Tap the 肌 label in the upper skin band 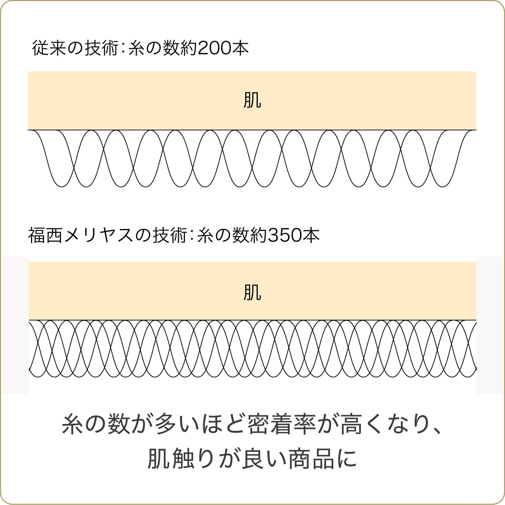pyautogui.click(x=252, y=100)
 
